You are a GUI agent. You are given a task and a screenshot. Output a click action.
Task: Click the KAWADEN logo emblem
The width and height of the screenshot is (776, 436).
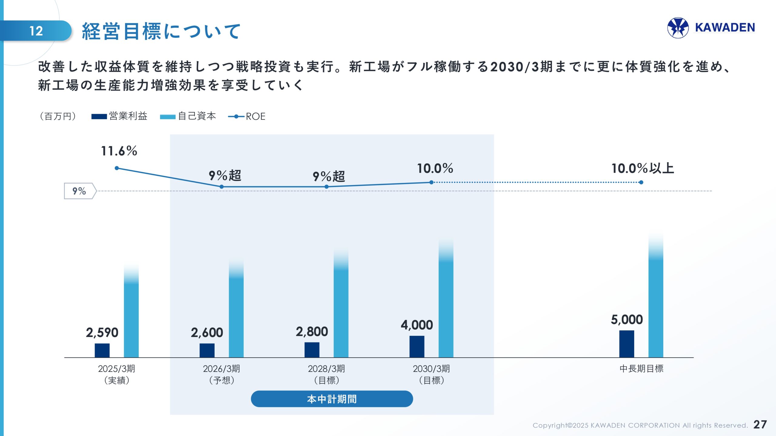click(678, 28)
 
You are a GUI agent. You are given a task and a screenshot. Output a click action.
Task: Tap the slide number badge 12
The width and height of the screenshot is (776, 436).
click(36, 31)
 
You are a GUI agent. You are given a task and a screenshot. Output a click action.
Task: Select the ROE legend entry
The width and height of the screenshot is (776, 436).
click(247, 116)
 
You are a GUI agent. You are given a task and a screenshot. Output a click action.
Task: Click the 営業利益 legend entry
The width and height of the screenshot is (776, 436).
click(119, 116)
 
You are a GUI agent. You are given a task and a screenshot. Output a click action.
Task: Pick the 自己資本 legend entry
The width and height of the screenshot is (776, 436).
click(188, 116)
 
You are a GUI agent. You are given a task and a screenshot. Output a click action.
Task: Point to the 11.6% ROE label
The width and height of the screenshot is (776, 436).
click(119, 151)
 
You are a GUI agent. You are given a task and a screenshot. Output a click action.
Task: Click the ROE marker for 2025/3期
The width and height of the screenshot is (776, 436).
click(117, 168)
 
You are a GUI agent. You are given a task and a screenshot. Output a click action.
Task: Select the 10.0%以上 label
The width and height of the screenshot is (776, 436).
click(643, 168)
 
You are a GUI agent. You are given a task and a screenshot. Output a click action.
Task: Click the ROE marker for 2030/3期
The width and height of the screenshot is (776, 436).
click(431, 182)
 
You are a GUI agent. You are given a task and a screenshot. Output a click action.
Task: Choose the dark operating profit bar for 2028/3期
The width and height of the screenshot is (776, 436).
click(312, 350)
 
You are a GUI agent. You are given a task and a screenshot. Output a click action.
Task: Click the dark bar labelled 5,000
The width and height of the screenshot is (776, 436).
click(627, 344)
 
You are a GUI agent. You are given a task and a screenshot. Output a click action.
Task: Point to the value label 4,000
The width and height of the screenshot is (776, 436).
click(417, 325)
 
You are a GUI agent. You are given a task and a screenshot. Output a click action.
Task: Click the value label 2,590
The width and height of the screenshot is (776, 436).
click(102, 332)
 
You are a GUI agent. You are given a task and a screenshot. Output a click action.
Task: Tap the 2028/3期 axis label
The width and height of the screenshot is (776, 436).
click(326, 374)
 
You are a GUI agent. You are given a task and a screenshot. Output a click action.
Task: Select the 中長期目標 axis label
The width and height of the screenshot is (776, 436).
click(641, 368)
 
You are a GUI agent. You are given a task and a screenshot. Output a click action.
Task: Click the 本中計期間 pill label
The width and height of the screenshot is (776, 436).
click(332, 399)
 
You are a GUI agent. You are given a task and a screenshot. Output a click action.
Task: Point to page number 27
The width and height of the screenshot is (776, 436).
click(760, 424)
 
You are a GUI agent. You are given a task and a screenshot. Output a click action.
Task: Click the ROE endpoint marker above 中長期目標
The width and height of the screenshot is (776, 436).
click(641, 182)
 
